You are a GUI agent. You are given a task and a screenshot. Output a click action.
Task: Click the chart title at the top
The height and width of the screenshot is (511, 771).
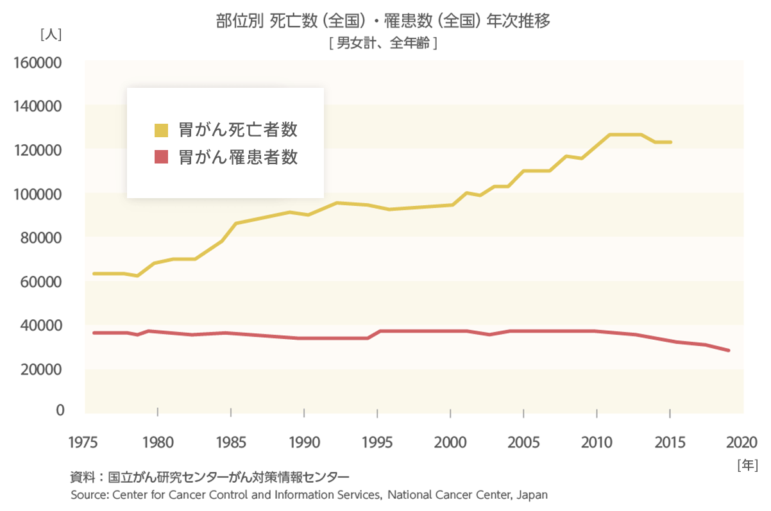(x=384, y=21)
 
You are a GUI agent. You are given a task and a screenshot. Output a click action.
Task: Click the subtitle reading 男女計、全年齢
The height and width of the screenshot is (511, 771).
(x=383, y=44)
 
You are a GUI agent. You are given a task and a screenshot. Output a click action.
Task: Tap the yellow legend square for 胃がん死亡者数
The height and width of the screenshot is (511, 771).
(x=161, y=130)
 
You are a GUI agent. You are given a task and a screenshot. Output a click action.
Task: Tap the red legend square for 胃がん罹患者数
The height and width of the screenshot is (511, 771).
(x=161, y=157)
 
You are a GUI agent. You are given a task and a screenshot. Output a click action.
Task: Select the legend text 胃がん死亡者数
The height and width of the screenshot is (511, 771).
(x=238, y=130)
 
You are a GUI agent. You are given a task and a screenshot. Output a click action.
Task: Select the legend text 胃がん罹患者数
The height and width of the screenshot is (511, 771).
(x=238, y=157)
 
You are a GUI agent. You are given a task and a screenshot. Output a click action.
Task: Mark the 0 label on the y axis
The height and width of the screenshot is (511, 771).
(x=60, y=410)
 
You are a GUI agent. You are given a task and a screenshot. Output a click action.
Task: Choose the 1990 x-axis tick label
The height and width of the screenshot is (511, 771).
(x=304, y=442)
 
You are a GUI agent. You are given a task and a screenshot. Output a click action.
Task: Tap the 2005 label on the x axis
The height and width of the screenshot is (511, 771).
(x=523, y=442)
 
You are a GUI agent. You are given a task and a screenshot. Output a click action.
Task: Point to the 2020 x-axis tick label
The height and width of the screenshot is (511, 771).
(x=743, y=442)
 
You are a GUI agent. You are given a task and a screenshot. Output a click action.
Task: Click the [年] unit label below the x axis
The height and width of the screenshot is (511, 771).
(x=748, y=464)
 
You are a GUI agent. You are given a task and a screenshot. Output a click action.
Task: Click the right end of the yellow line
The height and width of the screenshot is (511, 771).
(x=670, y=142)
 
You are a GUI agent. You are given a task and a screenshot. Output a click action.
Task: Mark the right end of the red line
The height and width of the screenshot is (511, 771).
(x=729, y=350)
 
